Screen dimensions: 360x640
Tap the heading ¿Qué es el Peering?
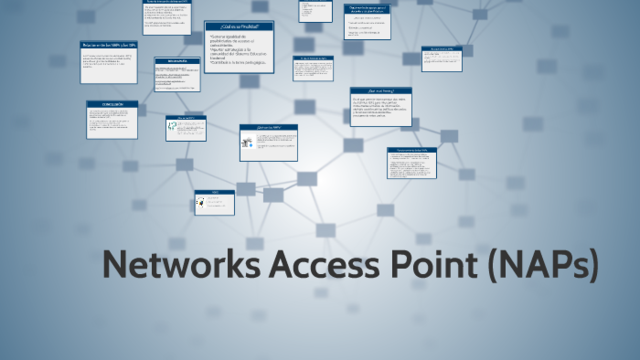(x=380, y=92)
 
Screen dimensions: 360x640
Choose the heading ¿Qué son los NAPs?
(x=268, y=128)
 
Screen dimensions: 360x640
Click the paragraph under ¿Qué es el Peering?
(x=380, y=108)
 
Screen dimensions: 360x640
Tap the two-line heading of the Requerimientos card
(x=372, y=10)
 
